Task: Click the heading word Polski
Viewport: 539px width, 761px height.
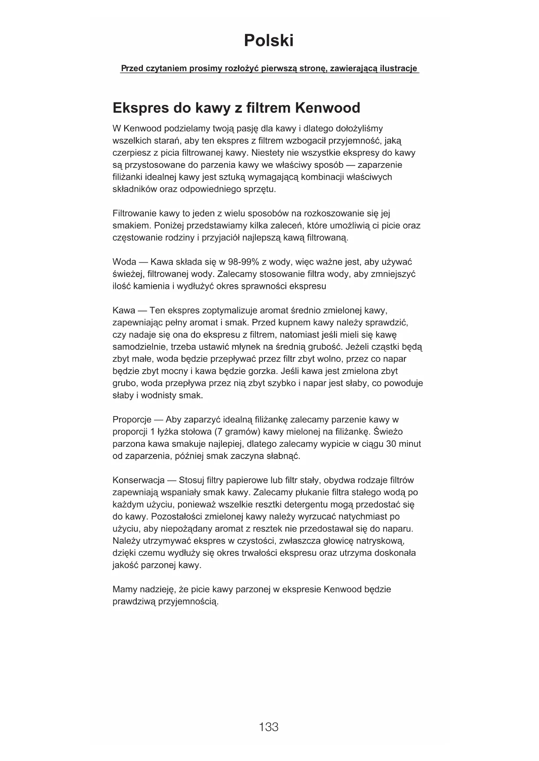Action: coord(268,41)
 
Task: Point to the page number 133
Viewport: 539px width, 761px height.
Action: coord(268,727)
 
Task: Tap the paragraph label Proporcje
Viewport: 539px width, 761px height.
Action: coord(132,420)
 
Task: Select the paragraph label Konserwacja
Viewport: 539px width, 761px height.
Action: coord(138,481)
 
